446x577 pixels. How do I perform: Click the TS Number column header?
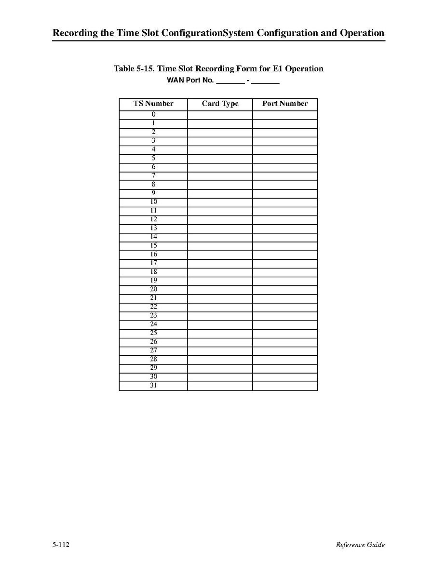click(153, 104)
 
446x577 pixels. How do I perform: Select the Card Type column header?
click(220, 104)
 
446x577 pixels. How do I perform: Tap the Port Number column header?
click(285, 104)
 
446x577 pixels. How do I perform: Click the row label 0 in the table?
click(153, 115)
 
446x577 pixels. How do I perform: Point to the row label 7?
click(153, 176)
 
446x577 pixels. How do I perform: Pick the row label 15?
click(153, 246)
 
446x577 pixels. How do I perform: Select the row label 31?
click(153, 386)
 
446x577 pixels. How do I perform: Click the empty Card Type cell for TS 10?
click(220, 202)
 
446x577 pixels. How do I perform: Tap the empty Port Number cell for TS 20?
click(285, 290)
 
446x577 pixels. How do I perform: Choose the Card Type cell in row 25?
click(220, 334)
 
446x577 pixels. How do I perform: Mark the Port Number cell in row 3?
click(285, 141)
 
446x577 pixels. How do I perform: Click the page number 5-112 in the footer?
click(62, 545)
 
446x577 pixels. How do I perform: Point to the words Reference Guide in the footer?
click(360, 545)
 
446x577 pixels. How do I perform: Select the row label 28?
click(153, 360)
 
